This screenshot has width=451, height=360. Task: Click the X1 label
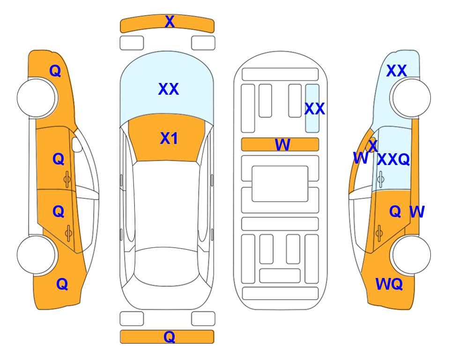tap(169, 138)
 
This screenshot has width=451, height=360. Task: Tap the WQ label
tap(389, 284)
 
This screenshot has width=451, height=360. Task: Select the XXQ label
tap(393, 159)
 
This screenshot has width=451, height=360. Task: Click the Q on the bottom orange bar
tap(169, 337)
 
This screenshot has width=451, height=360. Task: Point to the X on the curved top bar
tap(170, 22)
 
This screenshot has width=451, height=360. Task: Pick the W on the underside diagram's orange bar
tap(282, 144)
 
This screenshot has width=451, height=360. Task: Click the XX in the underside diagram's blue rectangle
tap(314, 109)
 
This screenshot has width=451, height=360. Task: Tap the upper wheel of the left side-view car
tap(36, 98)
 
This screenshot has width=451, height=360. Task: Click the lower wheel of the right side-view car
tap(411, 255)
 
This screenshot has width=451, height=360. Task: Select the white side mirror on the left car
tap(77, 144)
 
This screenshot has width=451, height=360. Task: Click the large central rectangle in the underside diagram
tap(280, 184)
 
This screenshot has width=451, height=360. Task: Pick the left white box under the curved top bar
tap(132, 43)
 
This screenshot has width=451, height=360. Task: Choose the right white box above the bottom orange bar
tap(203, 319)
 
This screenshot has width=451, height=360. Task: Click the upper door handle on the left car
tap(67, 180)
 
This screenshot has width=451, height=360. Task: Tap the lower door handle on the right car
tap(379, 233)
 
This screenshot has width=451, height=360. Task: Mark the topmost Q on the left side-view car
tap(55, 71)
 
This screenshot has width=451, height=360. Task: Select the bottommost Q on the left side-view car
tap(62, 284)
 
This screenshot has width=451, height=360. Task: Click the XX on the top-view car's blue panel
tap(169, 89)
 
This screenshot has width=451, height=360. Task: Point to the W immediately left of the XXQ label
tap(361, 158)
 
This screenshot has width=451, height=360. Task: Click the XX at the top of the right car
tap(396, 71)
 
